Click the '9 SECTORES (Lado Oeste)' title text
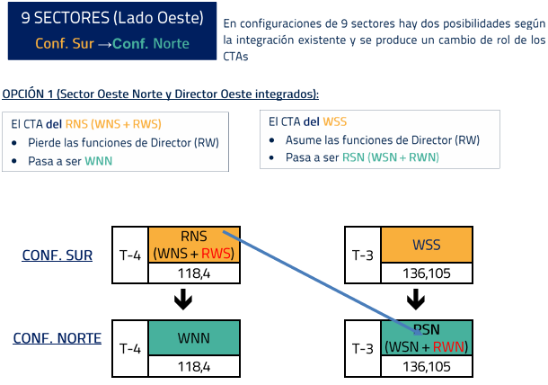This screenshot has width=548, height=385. [112, 19]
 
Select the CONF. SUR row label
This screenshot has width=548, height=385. [57, 255]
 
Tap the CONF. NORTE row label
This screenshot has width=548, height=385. [56, 339]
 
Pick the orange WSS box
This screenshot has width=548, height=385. [426, 245]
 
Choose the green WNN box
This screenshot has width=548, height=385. [193, 339]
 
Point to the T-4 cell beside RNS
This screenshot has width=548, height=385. [129, 255]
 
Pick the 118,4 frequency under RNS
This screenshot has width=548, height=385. [193, 274]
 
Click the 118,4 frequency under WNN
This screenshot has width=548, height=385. [193, 366]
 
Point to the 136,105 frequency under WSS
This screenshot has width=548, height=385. [426, 274]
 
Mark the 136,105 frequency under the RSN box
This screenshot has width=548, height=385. [426, 366]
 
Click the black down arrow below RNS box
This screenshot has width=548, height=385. [183, 300]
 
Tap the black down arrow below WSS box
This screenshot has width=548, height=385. [416, 300]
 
